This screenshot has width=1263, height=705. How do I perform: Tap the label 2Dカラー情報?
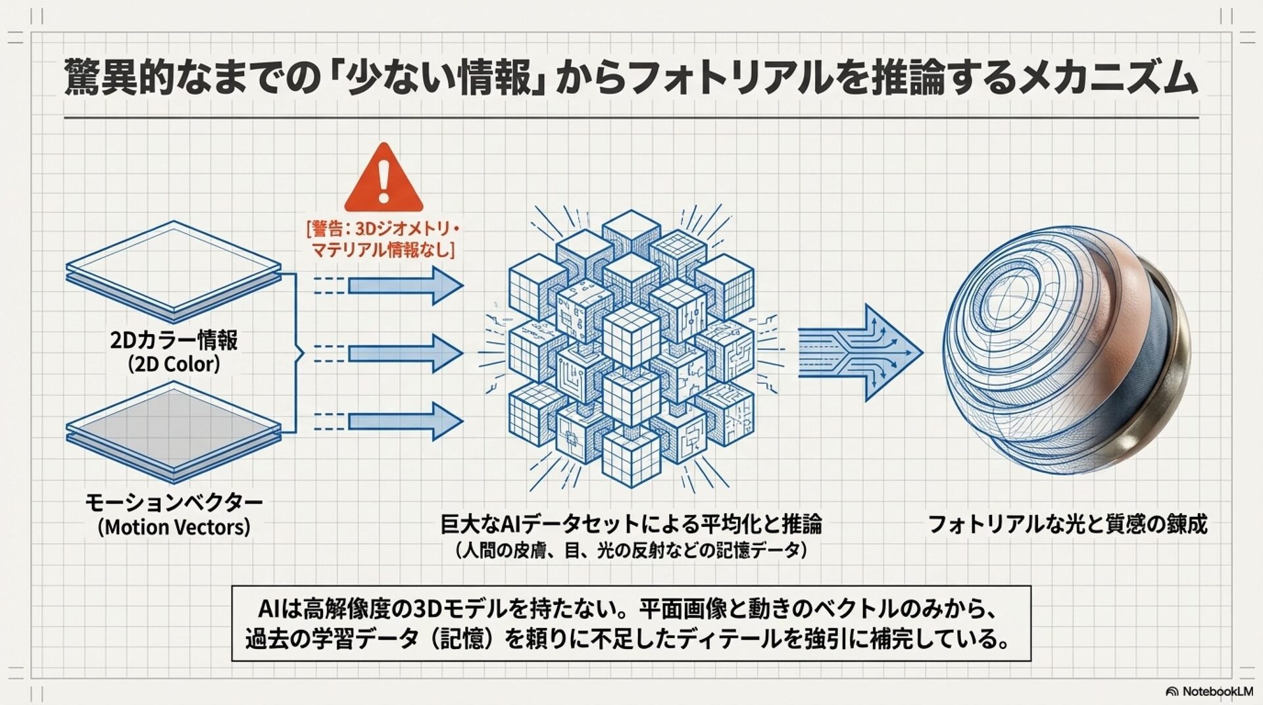(x=174, y=340)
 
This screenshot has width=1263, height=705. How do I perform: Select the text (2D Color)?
(x=174, y=364)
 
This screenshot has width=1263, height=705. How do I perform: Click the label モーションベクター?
(x=174, y=503)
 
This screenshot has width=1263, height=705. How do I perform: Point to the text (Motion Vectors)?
(x=174, y=527)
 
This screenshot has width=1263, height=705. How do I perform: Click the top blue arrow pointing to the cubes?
(x=405, y=285)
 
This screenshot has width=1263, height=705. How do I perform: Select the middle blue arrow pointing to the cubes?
(x=405, y=353)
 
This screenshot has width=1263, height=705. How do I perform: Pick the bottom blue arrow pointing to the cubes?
(x=405, y=422)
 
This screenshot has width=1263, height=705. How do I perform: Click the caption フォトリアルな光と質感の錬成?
(x=1067, y=524)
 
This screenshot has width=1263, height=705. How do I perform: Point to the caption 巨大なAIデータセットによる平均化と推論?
(x=631, y=524)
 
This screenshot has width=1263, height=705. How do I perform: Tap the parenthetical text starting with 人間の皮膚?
(x=631, y=550)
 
